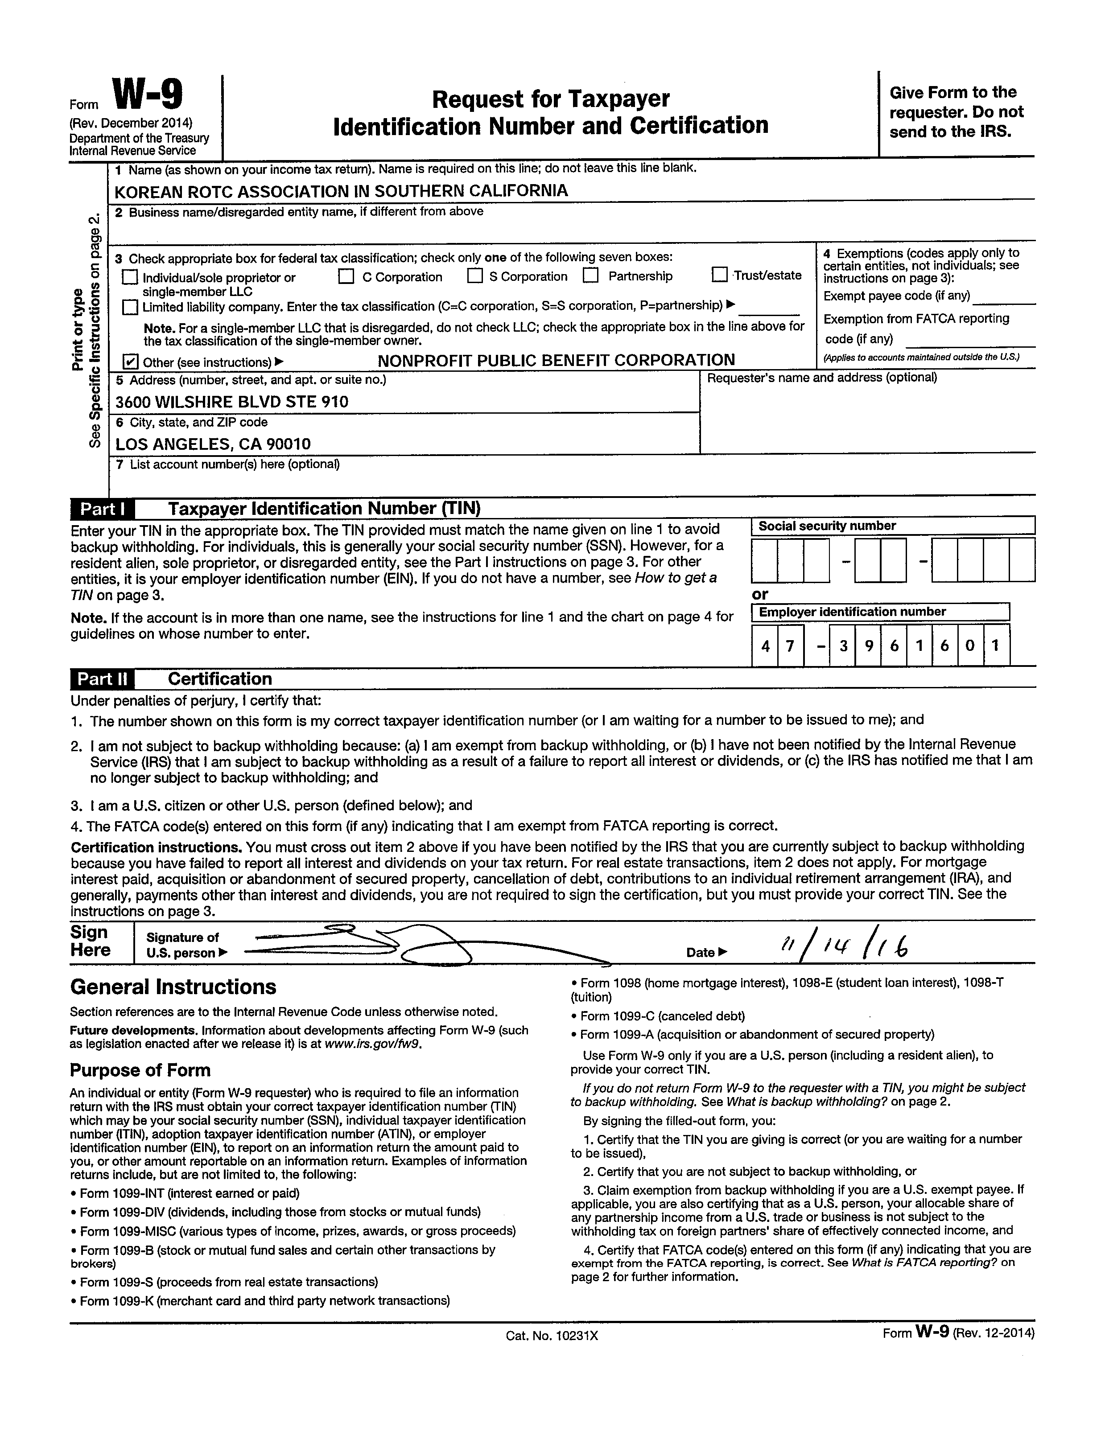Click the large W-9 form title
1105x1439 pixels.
point(148,96)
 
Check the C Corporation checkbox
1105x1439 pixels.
point(346,277)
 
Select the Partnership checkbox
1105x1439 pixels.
point(591,276)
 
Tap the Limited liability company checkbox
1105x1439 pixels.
point(130,307)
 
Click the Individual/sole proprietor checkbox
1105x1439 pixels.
point(130,277)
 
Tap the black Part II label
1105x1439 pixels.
point(102,679)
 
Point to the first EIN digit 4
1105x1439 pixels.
point(765,646)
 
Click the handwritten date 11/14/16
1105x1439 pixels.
point(845,948)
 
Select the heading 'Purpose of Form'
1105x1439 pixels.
point(140,1070)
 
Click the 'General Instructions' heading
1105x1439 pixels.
point(173,987)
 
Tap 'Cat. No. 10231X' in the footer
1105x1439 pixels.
point(552,1336)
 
